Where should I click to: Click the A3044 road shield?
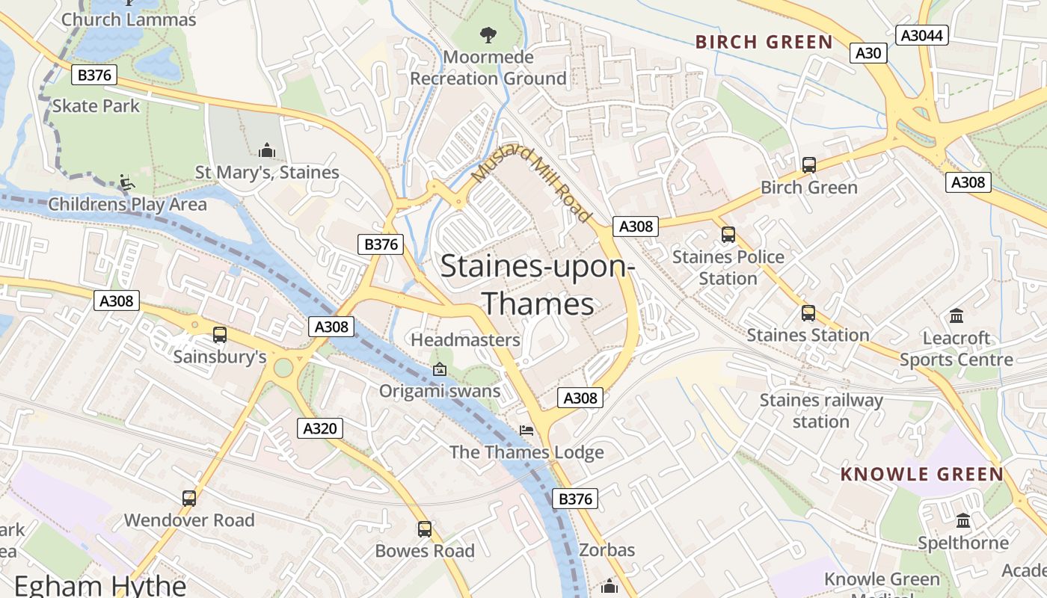coord(922,35)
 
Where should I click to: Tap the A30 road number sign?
coord(868,53)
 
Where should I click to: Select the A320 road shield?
coord(320,428)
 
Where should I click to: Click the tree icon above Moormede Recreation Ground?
coord(488,34)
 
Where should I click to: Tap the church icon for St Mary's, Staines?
coord(267,151)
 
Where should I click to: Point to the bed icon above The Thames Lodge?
coord(526,431)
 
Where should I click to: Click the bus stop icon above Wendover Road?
coord(189,498)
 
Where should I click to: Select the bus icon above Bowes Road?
coord(425,529)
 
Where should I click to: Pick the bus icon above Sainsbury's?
coord(220,335)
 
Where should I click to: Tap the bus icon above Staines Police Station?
coord(728,235)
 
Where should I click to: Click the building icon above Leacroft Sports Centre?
coord(956,316)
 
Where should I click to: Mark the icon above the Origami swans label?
coord(440,369)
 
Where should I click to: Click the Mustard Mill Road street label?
coord(532,183)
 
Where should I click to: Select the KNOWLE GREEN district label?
coord(921,475)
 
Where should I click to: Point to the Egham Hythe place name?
coord(100,585)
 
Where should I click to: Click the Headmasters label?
coord(465,340)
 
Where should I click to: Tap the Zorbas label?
coord(607,551)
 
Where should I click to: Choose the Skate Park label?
coord(96,106)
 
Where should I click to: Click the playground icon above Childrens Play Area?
coord(126,182)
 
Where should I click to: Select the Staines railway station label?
coord(821,411)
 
